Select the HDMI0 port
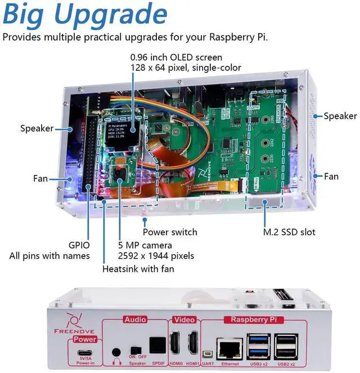174,343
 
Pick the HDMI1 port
193,343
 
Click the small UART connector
208,354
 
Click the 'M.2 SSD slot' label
289,232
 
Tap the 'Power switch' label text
170,232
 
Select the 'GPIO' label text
78,245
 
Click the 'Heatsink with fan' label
138,269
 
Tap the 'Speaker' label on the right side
340,116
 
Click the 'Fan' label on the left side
40,178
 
